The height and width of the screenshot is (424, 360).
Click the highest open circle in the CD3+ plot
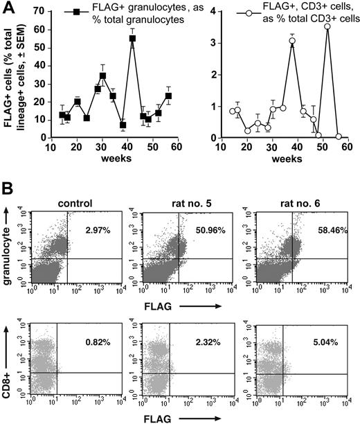(x=327, y=26)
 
